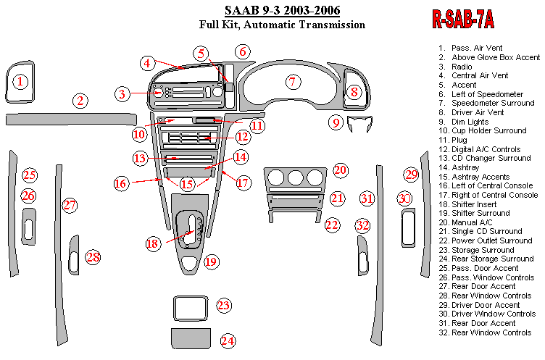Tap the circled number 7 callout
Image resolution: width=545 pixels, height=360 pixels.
click(x=292, y=82)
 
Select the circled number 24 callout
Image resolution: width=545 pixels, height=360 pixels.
click(x=228, y=340)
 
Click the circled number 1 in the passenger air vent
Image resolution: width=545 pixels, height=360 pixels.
click(x=22, y=82)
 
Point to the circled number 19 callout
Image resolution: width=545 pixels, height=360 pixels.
click(x=210, y=261)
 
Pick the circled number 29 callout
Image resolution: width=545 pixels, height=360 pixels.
click(x=412, y=175)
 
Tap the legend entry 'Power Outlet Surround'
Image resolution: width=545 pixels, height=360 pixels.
click(x=492, y=240)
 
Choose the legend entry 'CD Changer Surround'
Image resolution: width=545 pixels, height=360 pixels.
click(x=491, y=159)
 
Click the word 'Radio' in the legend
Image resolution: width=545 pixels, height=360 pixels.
click(x=462, y=66)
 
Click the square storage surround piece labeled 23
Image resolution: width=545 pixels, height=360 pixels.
click(x=191, y=306)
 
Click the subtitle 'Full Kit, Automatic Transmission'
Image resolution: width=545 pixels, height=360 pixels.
click(x=282, y=25)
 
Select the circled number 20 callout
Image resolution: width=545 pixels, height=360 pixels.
click(x=341, y=171)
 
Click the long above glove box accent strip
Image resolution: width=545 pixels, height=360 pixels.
click(x=70, y=119)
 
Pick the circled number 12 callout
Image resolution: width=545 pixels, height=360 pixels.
click(x=243, y=135)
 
